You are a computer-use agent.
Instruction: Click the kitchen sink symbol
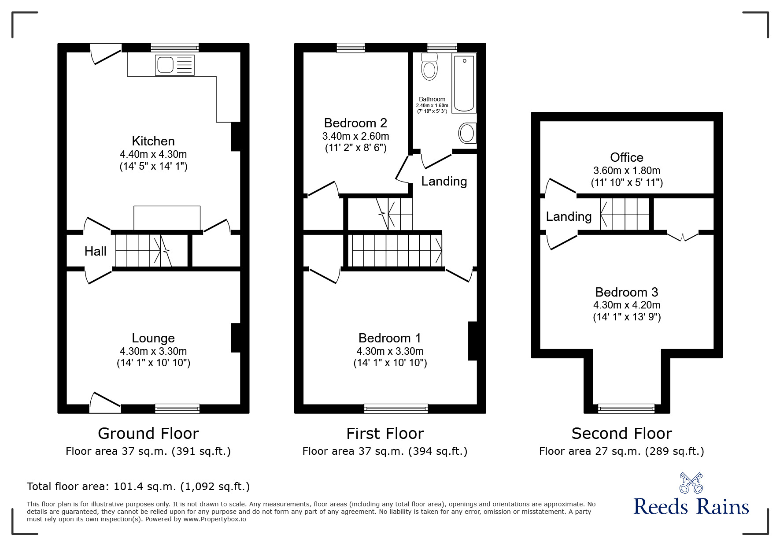pos(174,65)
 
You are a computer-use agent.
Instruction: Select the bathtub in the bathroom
pos(464,83)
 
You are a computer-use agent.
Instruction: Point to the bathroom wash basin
pos(467,133)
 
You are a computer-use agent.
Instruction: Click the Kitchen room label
pos(153,141)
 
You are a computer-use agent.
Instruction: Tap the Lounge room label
pos(153,338)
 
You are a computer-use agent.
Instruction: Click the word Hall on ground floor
pos(96,251)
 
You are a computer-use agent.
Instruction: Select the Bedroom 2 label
pos(355,123)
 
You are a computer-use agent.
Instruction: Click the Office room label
pos(626,157)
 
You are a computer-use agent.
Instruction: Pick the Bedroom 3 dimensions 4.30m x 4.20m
pos(626,305)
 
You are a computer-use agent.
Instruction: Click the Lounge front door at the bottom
pos(105,403)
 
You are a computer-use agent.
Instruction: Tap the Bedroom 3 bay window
pos(626,409)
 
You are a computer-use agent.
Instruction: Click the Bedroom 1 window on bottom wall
pos(396,409)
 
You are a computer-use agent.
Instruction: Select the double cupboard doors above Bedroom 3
pos(682,236)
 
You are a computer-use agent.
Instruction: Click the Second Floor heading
pos(621,434)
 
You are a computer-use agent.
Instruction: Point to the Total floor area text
pos(138,487)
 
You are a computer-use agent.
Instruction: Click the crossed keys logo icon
pos(691,483)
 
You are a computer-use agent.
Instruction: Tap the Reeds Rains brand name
pos(691,507)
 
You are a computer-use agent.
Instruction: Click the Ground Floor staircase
pos(143,251)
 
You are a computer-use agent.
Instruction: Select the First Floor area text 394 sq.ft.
pos(384,451)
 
